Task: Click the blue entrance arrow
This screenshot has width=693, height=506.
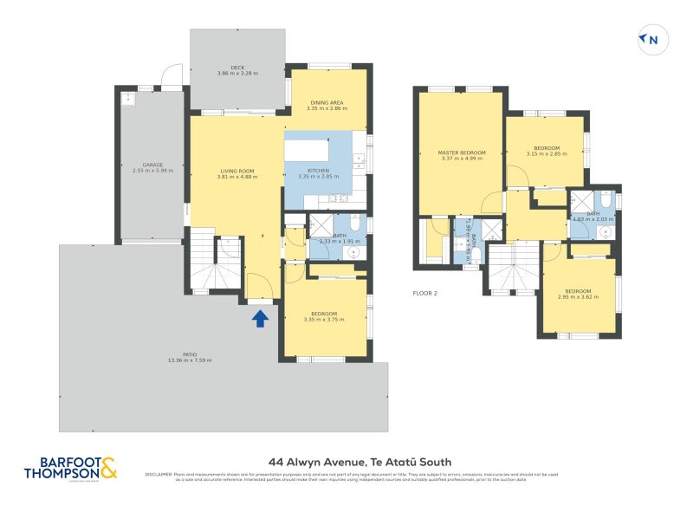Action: coord(259,319)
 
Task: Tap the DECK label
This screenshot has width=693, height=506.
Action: coord(237,67)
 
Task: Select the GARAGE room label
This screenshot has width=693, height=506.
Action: coord(152,165)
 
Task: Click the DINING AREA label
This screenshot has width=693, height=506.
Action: coord(327,103)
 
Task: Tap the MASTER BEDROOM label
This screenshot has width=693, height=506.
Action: coord(461,152)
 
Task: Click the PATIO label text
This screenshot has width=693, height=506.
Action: coord(190,354)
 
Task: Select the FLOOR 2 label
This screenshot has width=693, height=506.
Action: coord(424,294)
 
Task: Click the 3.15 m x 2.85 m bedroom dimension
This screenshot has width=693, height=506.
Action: coord(547,153)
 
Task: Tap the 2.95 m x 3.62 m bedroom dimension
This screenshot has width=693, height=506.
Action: coord(578,296)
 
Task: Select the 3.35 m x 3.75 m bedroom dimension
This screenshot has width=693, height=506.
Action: coord(324,319)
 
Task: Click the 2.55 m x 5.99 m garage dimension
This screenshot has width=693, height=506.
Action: coord(152,171)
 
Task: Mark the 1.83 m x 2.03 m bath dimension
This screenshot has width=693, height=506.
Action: coord(593,219)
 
